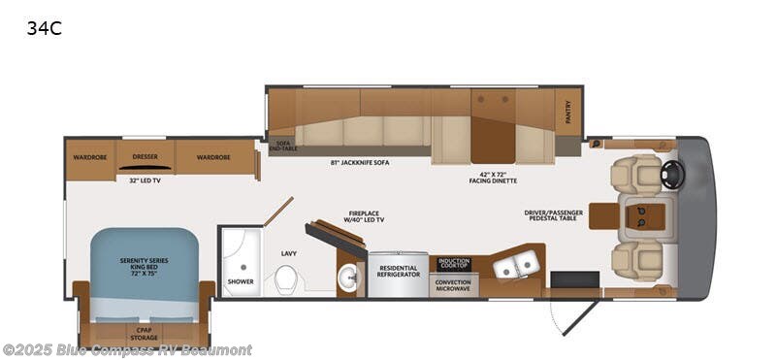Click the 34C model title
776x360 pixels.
44,28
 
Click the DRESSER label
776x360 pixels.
145,157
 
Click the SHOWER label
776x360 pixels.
240,282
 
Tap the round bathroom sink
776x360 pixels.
349,277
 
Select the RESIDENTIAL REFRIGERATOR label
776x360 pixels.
398,271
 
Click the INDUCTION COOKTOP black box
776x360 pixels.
454,263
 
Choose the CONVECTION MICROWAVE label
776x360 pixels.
454,285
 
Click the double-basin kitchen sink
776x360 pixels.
515,263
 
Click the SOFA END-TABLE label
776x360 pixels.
283,146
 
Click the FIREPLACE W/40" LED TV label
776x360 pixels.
362,215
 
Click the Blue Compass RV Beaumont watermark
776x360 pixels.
126,349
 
